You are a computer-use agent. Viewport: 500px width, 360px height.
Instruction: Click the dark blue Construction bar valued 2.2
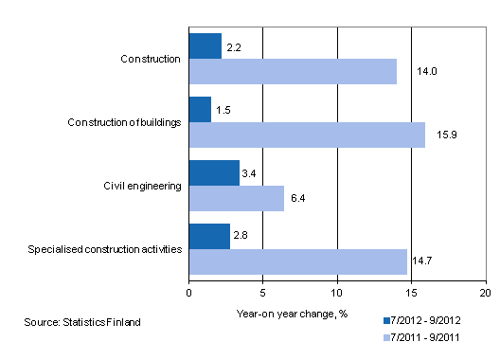click(205, 45)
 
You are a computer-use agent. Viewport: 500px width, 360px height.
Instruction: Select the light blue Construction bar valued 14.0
click(293, 71)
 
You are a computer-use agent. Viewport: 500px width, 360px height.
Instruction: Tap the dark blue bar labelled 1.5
click(200, 109)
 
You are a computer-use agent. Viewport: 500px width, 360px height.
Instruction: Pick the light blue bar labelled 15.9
click(307, 135)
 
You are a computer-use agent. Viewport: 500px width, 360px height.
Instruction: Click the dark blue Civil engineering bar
click(214, 172)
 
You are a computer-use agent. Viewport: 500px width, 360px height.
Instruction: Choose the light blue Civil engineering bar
click(237, 198)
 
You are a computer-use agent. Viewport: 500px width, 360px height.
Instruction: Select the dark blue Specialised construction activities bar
click(209, 236)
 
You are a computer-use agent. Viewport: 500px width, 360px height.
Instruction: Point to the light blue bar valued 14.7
click(298, 261)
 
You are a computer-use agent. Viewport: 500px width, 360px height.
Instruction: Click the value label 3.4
click(250, 173)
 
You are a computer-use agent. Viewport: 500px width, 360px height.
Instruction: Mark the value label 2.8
click(241, 235)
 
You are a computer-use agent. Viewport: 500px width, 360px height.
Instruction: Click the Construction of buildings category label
click(125, 122)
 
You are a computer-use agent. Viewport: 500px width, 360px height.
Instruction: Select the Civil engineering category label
click(143, 186)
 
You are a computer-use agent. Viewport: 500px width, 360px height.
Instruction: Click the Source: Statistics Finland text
click(82, 322)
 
